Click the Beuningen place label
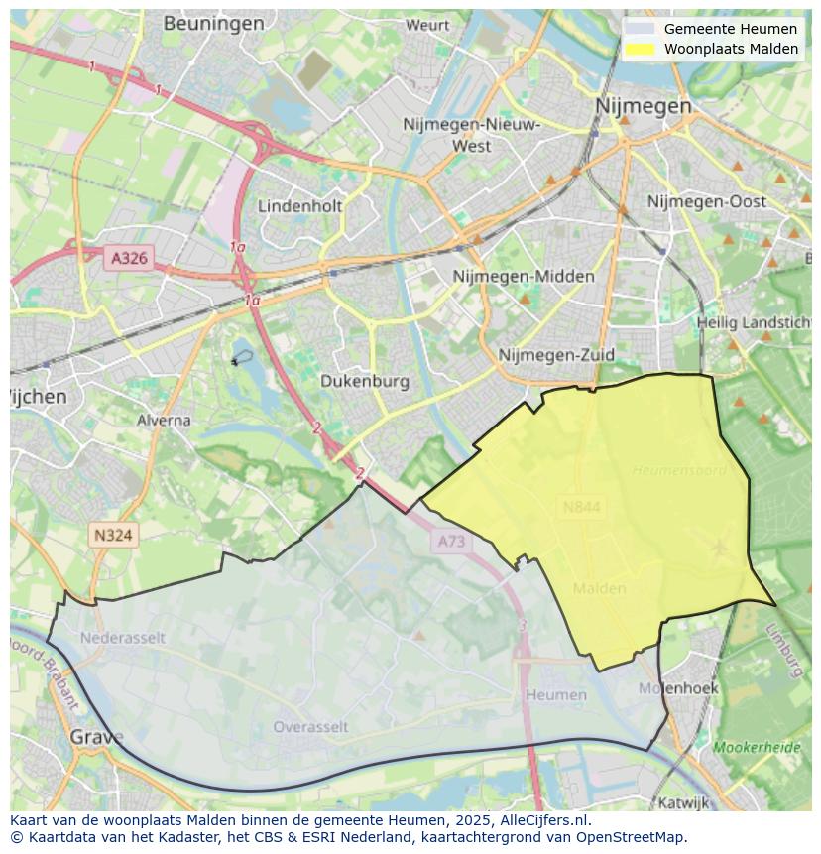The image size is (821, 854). [213, 23]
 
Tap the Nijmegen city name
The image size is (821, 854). [643, 105]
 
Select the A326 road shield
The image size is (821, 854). [129, 258]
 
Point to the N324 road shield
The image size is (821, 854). [113, 535]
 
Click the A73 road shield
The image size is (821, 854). [450, 541]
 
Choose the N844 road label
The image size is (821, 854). [582, 507]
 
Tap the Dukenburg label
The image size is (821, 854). [365, 381]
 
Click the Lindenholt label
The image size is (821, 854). [299, 206]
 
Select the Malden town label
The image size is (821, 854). [600, 588]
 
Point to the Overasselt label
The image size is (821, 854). [310, 726]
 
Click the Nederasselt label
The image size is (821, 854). [123, 637]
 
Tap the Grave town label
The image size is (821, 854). [97, 737]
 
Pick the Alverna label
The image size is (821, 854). [164, 420]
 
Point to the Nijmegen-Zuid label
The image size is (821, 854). [556, 355]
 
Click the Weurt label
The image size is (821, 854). [427, 25]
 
